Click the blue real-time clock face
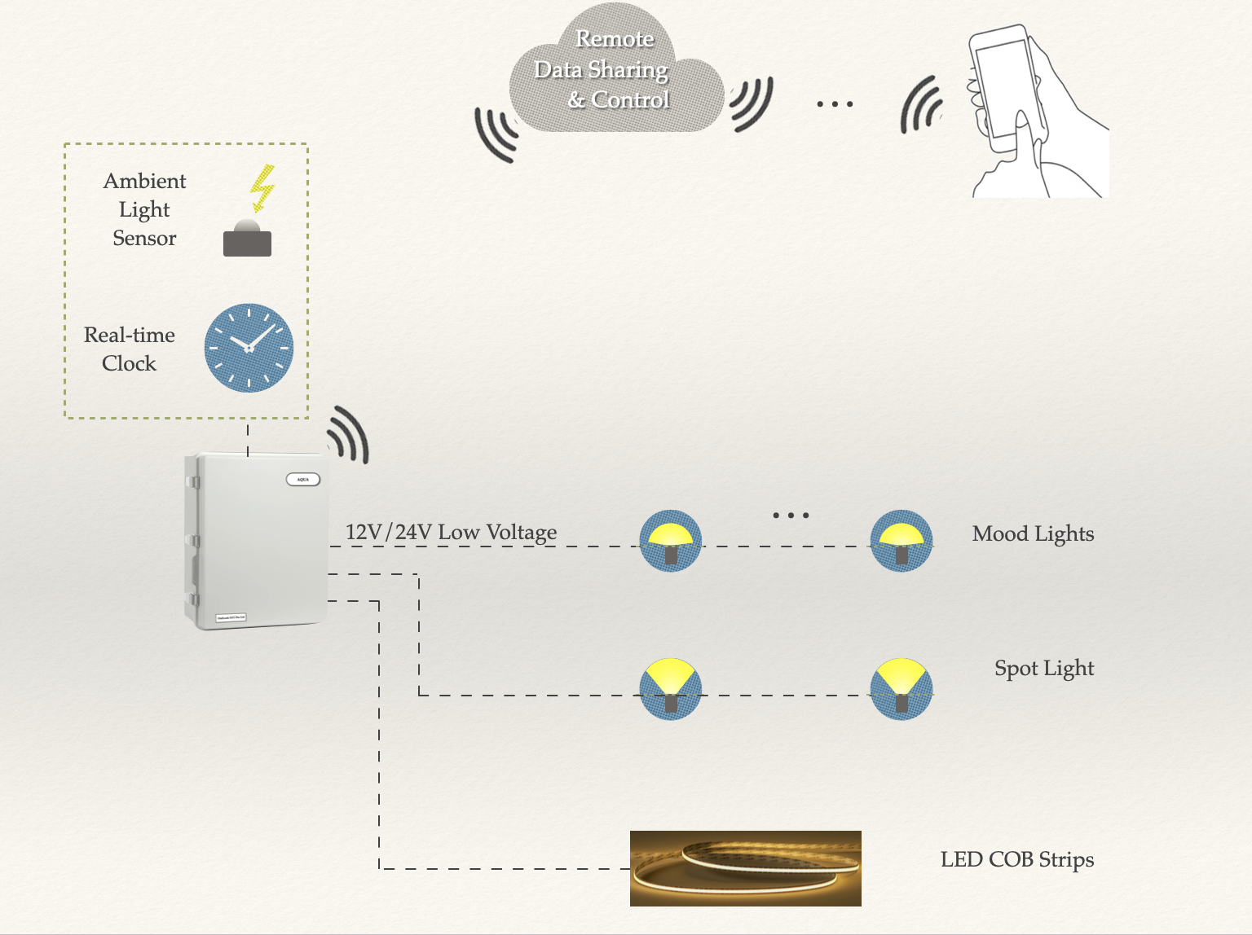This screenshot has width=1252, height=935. (249, 348)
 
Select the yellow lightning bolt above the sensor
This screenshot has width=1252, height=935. (262, 187)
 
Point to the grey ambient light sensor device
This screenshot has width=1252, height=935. (247, 239)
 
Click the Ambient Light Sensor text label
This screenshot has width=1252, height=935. (144, 209)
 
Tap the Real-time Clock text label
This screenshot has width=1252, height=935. (129, 349)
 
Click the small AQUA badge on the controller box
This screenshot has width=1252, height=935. (303, 479)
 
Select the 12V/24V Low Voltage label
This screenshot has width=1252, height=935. (451, 532)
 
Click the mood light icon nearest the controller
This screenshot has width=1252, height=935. (670, 541)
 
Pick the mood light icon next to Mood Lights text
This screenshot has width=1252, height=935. (902, 541)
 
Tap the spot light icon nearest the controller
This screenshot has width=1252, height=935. (670, 689)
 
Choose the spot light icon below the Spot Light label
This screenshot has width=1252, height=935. (902, 689)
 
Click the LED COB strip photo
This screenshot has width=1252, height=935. (745, 868)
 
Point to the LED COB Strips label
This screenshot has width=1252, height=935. (1016, 860)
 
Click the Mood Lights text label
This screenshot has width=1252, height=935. (1033, 534)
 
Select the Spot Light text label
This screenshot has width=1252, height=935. (1044, 669)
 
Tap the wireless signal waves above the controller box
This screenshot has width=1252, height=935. (350, 434)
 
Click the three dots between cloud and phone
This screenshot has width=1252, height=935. (835, 104)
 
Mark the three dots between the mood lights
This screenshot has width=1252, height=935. (791, 516)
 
